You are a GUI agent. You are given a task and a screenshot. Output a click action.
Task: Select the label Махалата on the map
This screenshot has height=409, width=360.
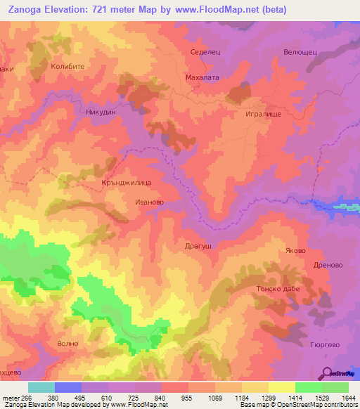click(202, 78)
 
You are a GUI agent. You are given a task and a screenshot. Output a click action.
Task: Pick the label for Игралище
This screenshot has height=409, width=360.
click(264, 112)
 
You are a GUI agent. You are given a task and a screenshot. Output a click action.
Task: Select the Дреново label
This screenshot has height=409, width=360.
click(328, 266)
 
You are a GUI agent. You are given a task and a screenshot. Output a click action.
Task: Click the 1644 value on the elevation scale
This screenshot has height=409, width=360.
click(348, 397)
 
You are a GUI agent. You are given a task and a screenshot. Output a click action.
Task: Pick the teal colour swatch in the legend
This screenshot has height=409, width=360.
click(41, 387)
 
